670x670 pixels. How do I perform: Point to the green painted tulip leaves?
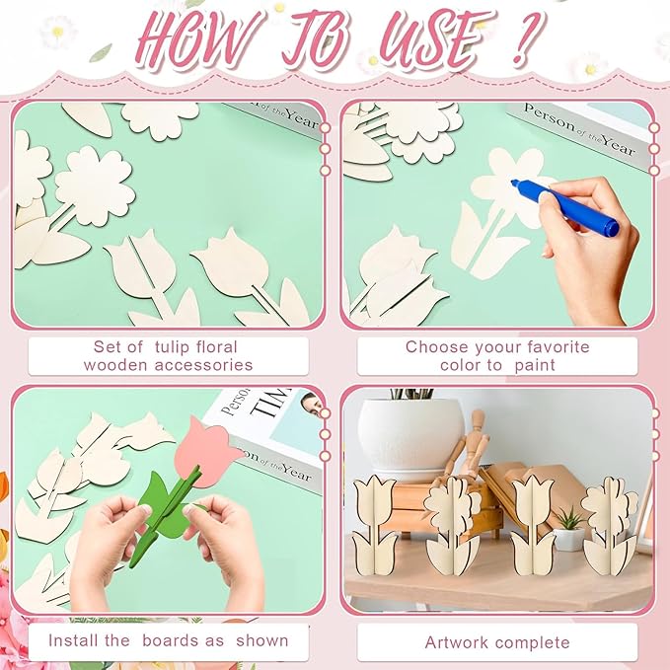pos(165,508)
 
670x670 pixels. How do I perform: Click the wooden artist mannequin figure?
pos(469,444)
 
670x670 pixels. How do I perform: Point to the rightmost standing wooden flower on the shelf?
pos(609,526)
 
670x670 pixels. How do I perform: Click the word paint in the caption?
pos(535,366)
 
